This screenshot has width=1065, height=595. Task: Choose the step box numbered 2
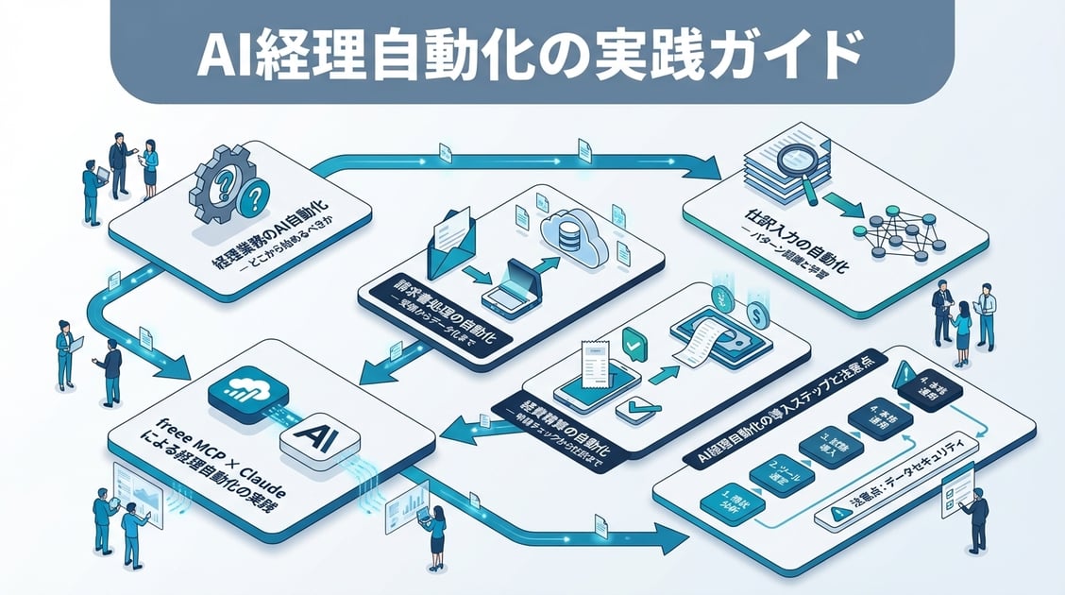[x=775, y=469]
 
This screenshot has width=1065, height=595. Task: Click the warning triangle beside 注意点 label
[x=837, y=514]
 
